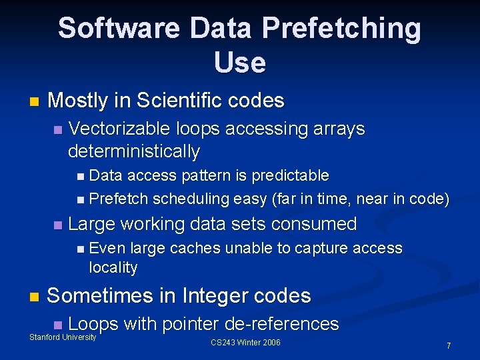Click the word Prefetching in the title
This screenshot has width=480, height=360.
pos(341,29)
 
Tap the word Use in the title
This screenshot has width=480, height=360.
pos(240,62)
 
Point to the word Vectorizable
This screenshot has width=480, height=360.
pos(123,128)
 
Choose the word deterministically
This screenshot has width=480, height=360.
pos(134,151)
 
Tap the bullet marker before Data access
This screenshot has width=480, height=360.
pos(80,177)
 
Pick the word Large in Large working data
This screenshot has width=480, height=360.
pos(92,223)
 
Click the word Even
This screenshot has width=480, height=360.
pos(107,248)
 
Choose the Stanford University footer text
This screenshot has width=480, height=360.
pos(63,337)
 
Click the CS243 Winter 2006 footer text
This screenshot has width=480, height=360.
pos(245,343)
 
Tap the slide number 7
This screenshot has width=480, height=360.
pos(449,345)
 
